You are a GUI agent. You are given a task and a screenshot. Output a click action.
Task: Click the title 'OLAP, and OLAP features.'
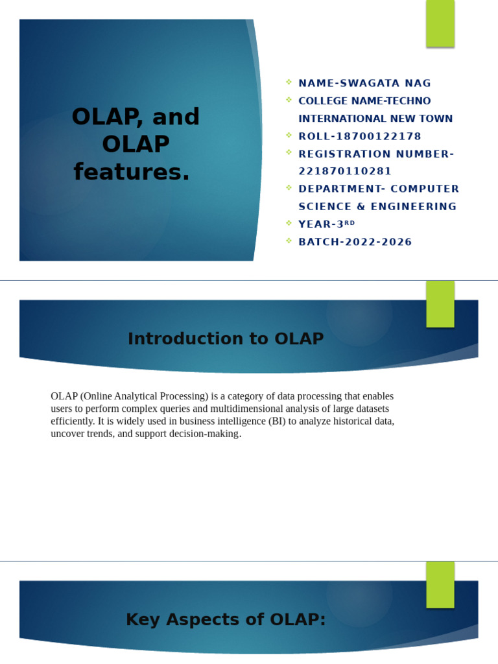click(x=136, y=144)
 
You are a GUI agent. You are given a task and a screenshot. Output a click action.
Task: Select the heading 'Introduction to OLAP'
click(x=225, y=338)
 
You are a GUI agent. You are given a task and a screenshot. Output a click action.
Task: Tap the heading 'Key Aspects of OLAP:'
click(x=225, y=619)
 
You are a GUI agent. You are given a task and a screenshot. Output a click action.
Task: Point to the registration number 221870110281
click(x=345, y=171)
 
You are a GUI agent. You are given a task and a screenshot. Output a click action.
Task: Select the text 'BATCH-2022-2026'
click(x=355, y=242)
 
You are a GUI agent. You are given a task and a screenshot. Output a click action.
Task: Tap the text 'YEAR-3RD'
click(x=326, y=224)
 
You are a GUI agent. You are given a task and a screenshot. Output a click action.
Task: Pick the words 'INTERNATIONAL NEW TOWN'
click(x=375, y=119)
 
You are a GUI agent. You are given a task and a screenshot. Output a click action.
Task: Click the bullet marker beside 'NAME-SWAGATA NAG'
click(x=289, y=82)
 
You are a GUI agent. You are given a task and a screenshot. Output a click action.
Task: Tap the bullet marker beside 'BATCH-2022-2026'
click(x=289, y=241)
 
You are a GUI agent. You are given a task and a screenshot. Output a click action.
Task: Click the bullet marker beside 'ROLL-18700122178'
click(x=289, y=135)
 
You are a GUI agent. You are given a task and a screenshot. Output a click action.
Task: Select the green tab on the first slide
click(x=440, y=23)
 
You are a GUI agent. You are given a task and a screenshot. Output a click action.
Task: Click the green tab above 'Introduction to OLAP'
click(x=440, y=303)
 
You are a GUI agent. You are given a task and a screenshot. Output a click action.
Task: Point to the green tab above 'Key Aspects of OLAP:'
click(x=440, y=584)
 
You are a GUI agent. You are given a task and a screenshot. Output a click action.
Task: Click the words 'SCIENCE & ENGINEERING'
click(x=377, y=206)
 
